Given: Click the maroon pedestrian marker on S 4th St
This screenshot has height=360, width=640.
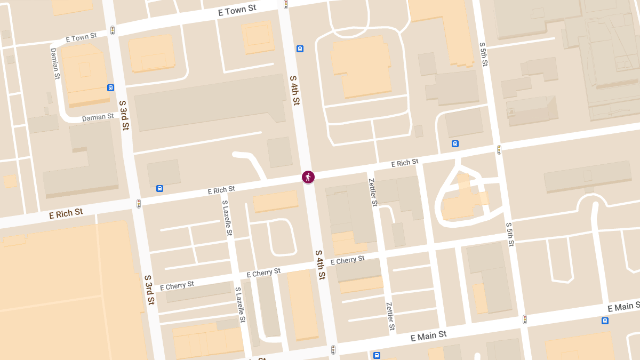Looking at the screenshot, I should coord(308,177).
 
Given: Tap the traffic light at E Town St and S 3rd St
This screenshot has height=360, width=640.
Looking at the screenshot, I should coord(113,30).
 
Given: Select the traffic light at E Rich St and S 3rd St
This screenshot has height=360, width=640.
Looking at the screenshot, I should coord(139,204).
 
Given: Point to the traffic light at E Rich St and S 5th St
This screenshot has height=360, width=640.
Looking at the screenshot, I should coord(499,150).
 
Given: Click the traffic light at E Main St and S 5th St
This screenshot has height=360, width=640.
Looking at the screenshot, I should coord(525,319).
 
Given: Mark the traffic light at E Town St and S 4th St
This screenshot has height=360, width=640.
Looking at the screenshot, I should coord(286,4).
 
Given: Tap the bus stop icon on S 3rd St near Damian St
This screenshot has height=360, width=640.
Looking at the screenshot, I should coord(110,88).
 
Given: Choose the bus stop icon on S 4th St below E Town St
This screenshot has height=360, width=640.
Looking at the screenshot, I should coord(300,49).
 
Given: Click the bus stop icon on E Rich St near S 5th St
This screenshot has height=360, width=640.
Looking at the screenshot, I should coord(455,143).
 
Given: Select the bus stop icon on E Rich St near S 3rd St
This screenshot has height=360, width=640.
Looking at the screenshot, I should coord(159,188).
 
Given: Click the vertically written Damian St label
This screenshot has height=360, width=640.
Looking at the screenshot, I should coord(54,63).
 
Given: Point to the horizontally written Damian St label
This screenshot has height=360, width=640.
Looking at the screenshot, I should coord(98,117).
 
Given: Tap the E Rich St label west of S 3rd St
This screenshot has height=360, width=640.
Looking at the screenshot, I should coord(66,214).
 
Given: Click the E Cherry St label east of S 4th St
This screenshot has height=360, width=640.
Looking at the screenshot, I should coord(347,260).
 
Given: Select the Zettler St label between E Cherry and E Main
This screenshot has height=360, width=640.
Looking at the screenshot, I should coord(390,315).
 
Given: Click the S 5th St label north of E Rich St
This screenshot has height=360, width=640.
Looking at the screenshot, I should coord(484,54).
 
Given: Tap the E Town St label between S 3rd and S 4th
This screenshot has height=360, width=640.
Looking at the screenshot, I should coord(237,11).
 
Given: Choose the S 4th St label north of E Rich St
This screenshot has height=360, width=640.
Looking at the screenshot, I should coord(295,90).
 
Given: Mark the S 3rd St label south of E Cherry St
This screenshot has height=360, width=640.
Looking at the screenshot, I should coord(149,290).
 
